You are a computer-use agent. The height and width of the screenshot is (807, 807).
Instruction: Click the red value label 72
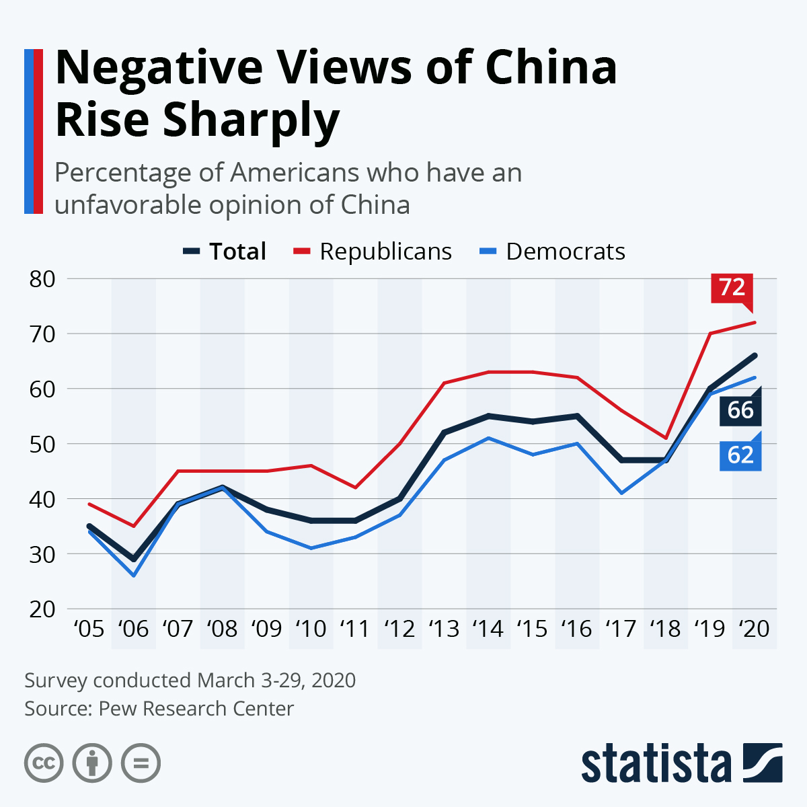pyautogui.click(x=732, y=287)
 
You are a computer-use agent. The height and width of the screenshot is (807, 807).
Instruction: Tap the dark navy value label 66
pyautogui.click(x=740, y=410)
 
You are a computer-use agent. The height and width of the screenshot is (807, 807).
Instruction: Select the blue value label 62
pyautogui.click(x=740, y=455)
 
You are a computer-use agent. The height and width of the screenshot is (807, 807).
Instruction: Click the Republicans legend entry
pyautogui.click(x=385, y=252)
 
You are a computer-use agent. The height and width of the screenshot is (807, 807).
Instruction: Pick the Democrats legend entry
pyautogui.click(x=565, y=252)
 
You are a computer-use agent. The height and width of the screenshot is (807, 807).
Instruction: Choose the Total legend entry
pyautogui.click(x=237, y=252)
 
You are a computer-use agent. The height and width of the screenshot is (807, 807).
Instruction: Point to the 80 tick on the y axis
pyautogui.click(x=42, y=278)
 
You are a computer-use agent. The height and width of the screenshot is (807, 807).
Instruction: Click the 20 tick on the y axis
pyautogui.click(x=42, y=609)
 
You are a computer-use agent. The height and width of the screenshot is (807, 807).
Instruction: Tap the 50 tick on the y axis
pyautogui.click(x=42, y=444)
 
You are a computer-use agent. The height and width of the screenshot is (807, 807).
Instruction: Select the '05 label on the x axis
pyautogui.click(x=89, y=629)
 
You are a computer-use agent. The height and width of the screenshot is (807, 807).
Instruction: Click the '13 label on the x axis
pyautogui.click(x=444, y=629)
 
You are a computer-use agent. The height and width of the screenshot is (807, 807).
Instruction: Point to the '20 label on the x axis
pyautogui.click(x=754, y=629)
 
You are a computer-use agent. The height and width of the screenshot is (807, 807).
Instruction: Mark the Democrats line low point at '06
pyautogui.click(x=133, y=576)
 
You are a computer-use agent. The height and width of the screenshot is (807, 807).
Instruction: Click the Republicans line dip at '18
pyautogui.click(x=666, y=438)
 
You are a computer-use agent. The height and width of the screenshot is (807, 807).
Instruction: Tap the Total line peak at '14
pyautogui.click(x=488, y=416)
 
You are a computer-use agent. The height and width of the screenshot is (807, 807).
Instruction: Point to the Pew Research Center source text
pyautogui.click(x=196, y=709)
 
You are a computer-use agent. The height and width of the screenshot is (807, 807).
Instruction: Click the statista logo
pyautogui.click(x=681, y=764)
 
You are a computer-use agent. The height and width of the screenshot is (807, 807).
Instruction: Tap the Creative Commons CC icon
pyautogui.click(x=44, y=763)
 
